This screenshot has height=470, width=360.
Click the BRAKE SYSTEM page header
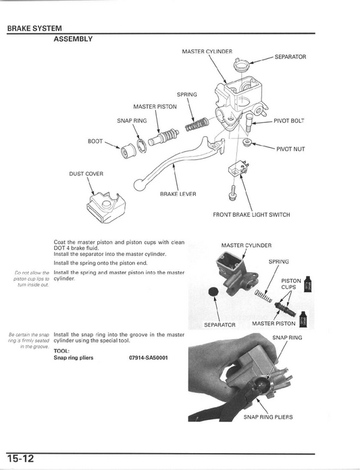[x=34, y=28]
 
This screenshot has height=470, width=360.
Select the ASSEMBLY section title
[x=73, y=39]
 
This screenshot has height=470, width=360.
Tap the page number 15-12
[x=20, y=459]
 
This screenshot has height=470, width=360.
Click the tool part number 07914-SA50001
[x=149, y=358]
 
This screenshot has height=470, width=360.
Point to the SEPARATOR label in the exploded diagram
[x=290, y=57]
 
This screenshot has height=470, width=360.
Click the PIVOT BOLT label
[x=289, y=121]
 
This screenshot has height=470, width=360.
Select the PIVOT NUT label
[x=290, y=149]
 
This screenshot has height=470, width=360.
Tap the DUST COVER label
[x=86, y=174]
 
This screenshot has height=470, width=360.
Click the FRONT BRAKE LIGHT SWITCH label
[x=251, y=215]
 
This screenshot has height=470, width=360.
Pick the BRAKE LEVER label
[x=178, y=194]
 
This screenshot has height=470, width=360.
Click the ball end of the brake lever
[x=138, y=184]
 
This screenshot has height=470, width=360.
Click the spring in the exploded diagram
[x=197, y=124]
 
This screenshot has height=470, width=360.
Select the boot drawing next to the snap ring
[x=128, y=151]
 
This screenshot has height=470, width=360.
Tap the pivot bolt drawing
[x=249, y=122]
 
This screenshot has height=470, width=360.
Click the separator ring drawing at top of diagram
[x=241, y=64]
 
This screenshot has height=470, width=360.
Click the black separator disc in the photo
[x=213, y=292]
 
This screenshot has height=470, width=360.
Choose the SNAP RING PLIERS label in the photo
[x=268, y=417]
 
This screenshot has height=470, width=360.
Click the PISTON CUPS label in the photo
[x=290, y=284]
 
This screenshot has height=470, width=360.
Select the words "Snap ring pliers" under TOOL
[x=74, y=358]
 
